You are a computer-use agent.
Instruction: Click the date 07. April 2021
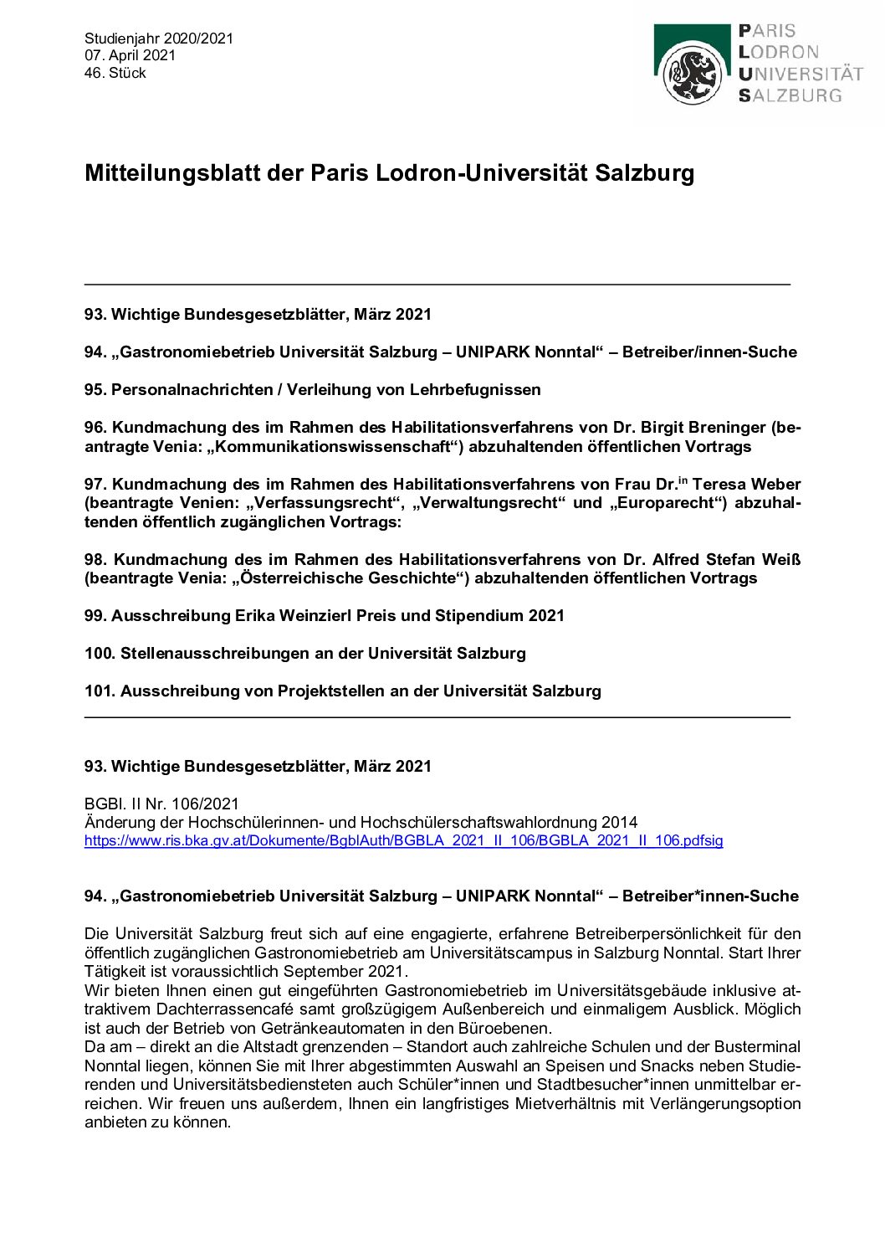click(x=130, y=55)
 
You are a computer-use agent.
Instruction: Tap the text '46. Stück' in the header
click(x=115, y=73)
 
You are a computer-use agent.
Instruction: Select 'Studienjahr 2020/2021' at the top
click(x=159, y=38)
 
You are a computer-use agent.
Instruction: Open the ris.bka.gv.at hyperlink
click(x=403, y=840)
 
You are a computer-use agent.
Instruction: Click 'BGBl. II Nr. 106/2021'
click(x=161, y=804)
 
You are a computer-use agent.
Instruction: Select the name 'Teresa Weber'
click(x=746, y=484)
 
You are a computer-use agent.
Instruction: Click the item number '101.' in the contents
click(x=100, y=691)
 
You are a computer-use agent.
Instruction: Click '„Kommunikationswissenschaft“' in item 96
click(x=335, y=446)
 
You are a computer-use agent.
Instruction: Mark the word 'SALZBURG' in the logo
click(x=790, y=95)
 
